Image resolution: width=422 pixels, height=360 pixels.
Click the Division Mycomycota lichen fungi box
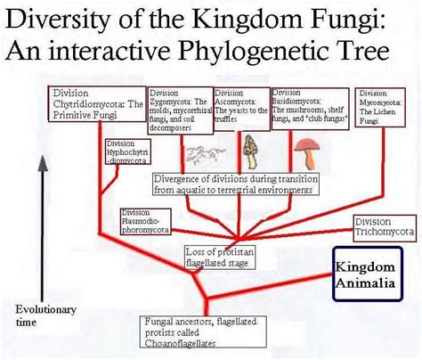(382, 106)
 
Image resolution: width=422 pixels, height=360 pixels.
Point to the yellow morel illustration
(249, 146)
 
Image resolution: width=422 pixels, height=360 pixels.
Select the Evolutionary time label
(39, 316)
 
